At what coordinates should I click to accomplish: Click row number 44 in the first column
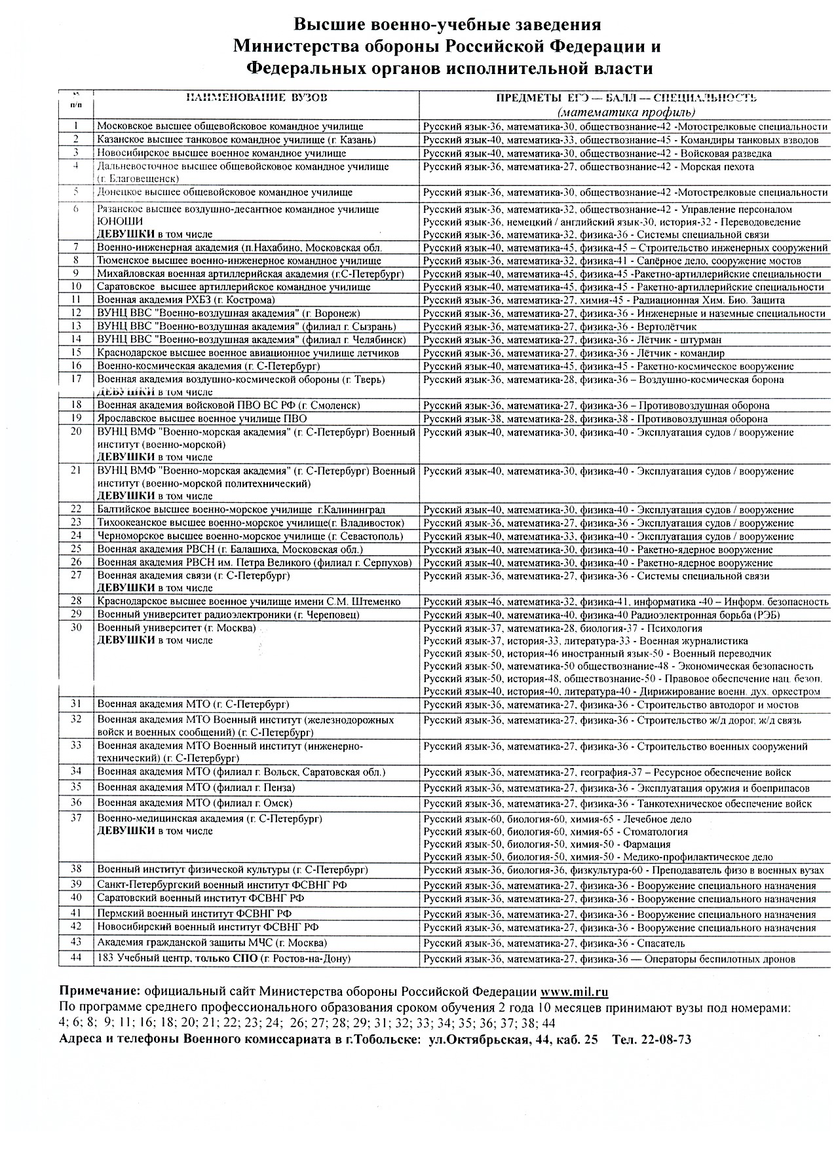point(76,958)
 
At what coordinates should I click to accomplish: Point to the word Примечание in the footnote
point(100,991)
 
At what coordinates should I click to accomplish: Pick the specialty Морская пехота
point(717,167)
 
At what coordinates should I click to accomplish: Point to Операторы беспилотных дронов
point(720,959)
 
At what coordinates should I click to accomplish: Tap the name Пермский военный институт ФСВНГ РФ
point(195,913)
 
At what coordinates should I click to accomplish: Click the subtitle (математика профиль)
point(622,112)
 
